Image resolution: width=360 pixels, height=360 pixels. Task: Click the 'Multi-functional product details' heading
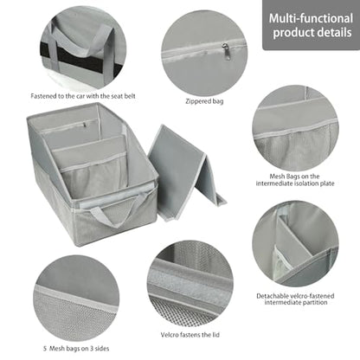pos(311,25)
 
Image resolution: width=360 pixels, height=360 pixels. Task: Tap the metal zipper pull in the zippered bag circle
pos(226,51)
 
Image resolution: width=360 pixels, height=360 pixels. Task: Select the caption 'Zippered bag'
pos(204,101)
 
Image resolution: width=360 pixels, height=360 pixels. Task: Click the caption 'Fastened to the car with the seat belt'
pos(83,96)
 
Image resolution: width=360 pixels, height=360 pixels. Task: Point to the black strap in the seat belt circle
pos(80,59)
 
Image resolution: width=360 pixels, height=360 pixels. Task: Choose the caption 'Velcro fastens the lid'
pos(190,335)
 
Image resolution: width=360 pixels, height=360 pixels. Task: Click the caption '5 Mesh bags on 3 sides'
pos(76,349)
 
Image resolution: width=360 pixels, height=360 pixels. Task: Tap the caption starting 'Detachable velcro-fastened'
pos(295,299)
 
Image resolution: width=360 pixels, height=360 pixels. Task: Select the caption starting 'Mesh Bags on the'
pos(295,180)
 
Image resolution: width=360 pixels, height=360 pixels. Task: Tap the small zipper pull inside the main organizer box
pos(85,125)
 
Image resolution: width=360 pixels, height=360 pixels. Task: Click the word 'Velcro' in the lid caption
pos(170,335)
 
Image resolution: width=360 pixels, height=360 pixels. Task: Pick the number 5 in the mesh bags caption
pos(45,349)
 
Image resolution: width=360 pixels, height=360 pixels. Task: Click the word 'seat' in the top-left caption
pos(106,96)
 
